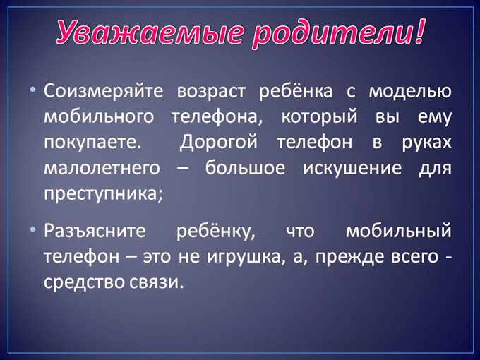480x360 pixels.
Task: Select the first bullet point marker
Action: (x=33, y=92)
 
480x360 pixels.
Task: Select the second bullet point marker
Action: (x=33, y=231)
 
